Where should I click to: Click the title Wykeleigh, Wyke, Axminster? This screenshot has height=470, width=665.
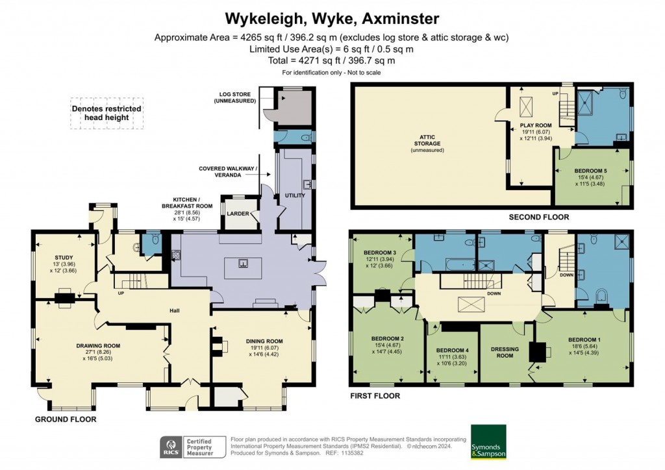[x=332, y=18]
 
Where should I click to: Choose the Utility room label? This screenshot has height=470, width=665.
[x=294, y=195]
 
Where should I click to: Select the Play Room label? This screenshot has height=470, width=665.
[x=535, y=125]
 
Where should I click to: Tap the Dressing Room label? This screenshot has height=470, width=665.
[x=505, y=352]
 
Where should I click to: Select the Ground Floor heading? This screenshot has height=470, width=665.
[x=65, y=419]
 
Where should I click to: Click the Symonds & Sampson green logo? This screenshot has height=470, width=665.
[x=488, y=441]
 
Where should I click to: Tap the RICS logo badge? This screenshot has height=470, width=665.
[x=171, y=447]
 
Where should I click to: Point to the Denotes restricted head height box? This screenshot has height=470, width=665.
[x=107, y=113]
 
